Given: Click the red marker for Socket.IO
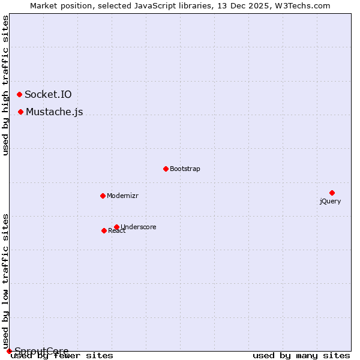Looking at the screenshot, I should (20, 94).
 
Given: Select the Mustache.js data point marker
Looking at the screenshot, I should (21, 112).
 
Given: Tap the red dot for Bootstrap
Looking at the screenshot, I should (166, 169).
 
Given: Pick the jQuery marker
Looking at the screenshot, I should (332, 193).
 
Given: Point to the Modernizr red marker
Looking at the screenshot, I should (103, 196).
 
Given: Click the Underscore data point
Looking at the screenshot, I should (116, 227).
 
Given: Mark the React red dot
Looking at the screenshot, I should (104, 230).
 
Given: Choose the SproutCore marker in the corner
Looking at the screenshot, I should (9, 351).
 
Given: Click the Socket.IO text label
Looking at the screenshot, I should (48, 94).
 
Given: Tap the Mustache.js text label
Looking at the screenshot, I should (54, 112).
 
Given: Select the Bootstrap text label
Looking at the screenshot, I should (185, 169).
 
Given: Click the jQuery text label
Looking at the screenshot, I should (330, 201).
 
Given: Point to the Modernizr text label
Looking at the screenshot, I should (122, 196).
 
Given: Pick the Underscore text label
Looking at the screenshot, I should (139, 227).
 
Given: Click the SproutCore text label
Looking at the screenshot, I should (41, 351).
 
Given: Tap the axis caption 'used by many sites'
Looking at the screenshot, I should (301, 356).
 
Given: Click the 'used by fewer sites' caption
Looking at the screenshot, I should (62, 356).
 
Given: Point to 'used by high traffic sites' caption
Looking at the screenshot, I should (6, 85).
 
